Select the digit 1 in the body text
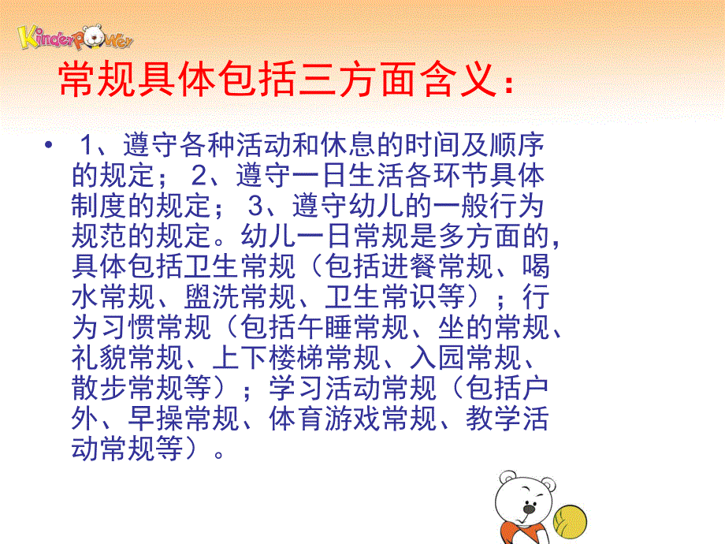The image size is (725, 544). (x=88, y=146)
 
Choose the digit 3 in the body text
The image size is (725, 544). (x=254, y=206)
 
